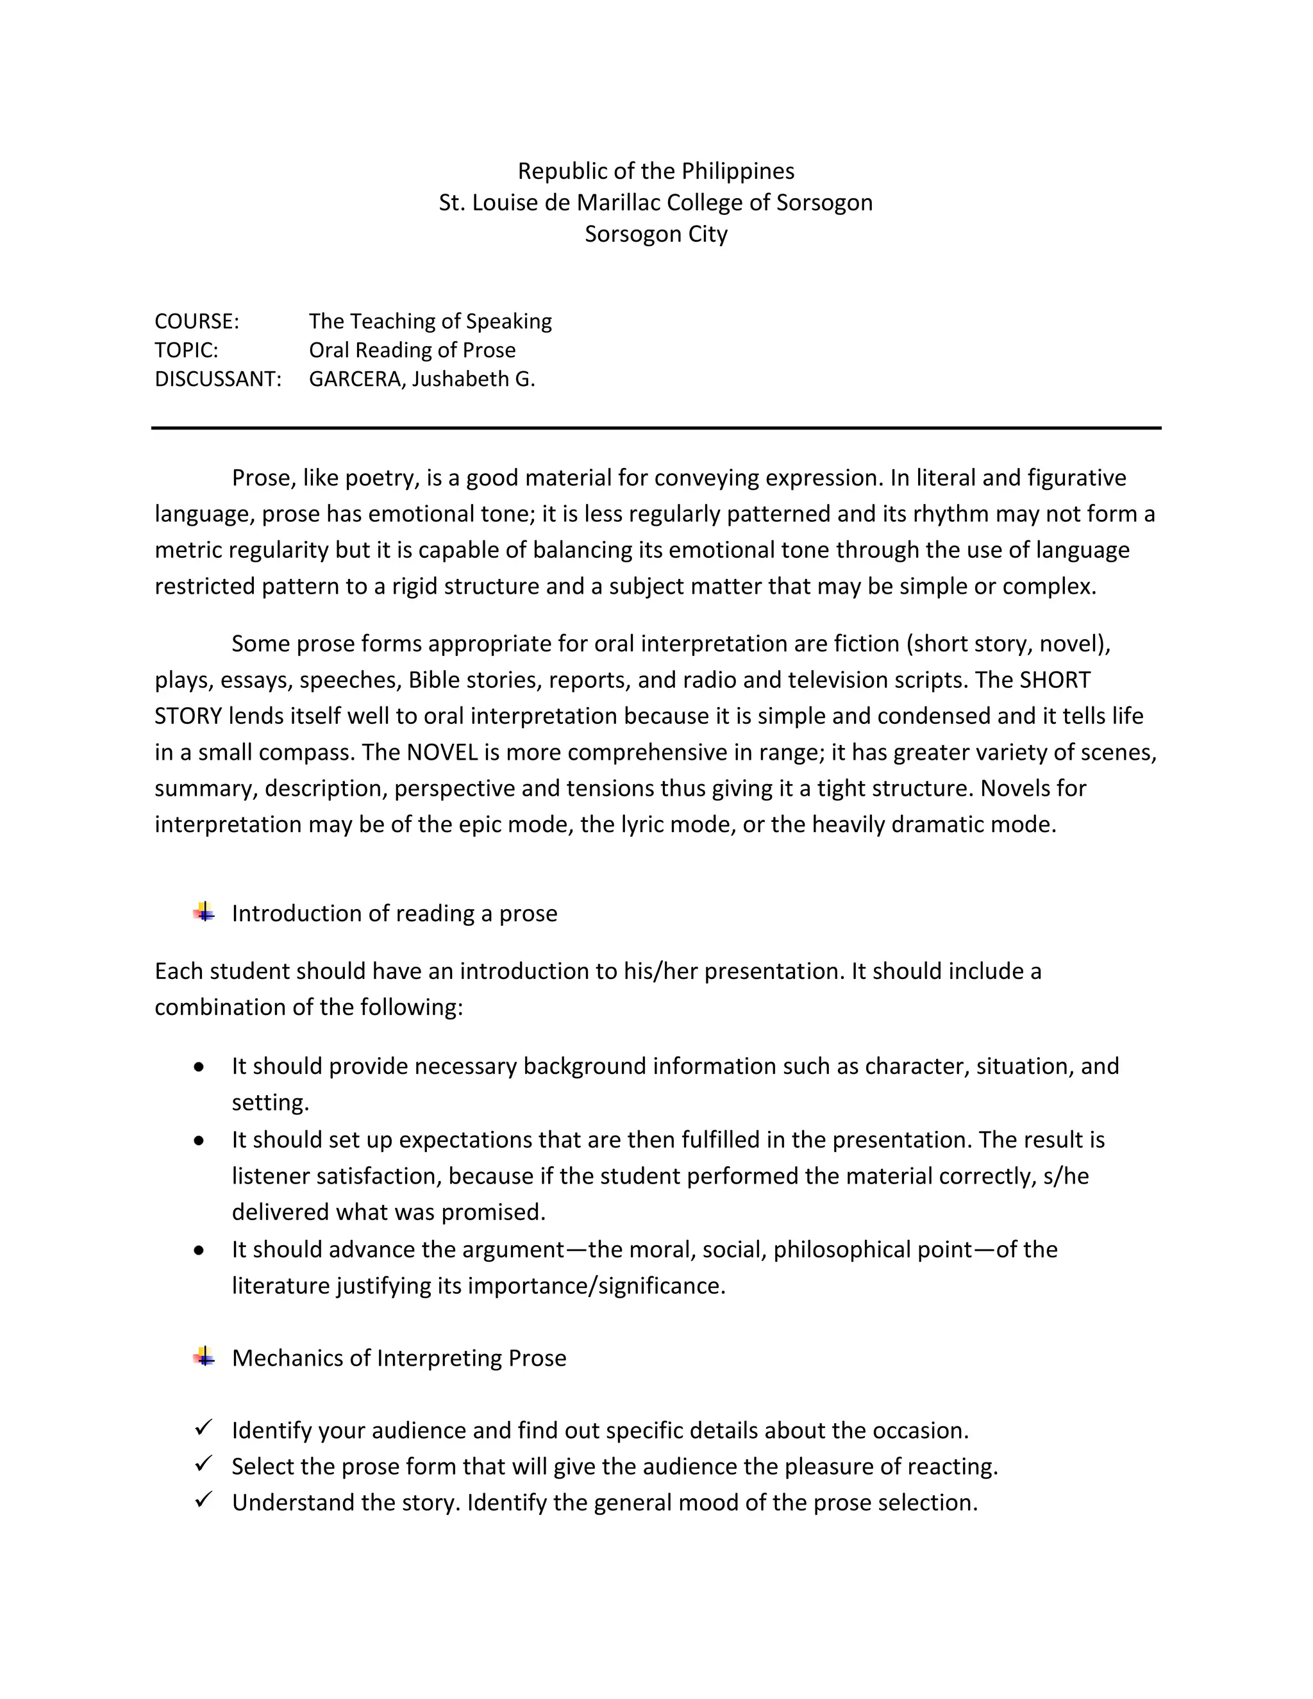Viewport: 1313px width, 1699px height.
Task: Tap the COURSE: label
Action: pos(197,321)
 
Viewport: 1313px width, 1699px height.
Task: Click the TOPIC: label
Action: pos(187,350)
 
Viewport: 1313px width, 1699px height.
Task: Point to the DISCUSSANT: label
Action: pos(218,379)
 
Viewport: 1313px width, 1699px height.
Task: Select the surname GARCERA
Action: pos(357,379)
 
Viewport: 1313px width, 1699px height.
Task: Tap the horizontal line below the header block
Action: pos(656,428)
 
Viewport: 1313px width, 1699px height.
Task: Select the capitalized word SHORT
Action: pos(1055,680)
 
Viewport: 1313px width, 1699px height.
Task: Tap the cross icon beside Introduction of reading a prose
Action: pos(205,912)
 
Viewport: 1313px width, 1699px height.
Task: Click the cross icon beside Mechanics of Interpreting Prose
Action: pos(205,1357)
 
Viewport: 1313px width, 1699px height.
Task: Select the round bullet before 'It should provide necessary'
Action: pos(200,1067)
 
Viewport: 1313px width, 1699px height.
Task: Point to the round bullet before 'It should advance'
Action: pos(200,1251)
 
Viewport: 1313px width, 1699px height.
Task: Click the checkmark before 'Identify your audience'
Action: pos(204,1428)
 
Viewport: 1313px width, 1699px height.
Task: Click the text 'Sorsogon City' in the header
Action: pos(656,234)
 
